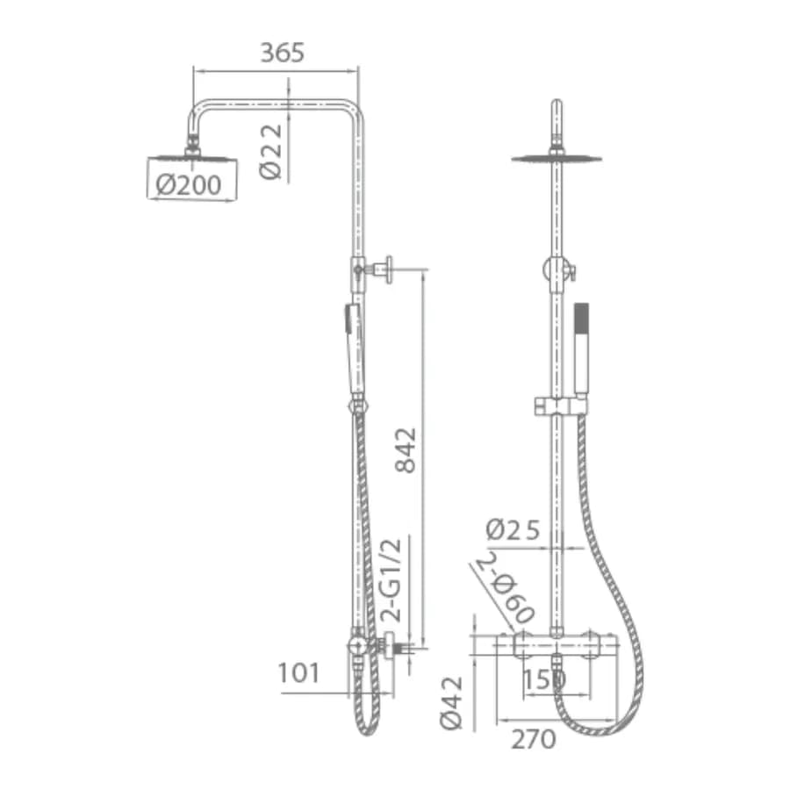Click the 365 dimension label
(x=282, y=53)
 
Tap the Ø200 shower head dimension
(x=189, y=185)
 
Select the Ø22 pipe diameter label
(x=270, y=152)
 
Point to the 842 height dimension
(x=406, y=450)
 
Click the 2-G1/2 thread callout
(x=391, y=580)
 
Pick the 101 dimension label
(x=298, y=673)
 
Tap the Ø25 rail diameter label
(x=513, y=530)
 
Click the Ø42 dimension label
(x=451, y=703)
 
